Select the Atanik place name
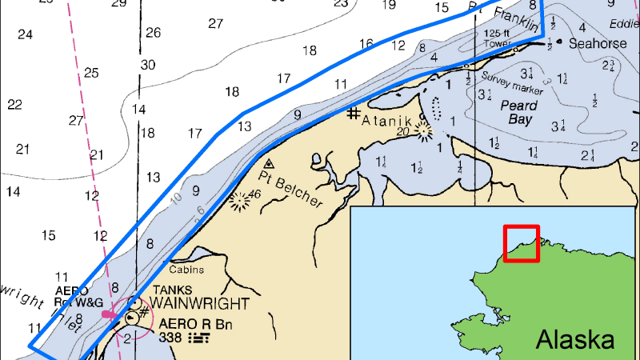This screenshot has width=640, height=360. [x=390, y=120]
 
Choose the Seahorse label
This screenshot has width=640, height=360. [x=598, y=44]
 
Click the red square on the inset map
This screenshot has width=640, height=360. [x=521, y=243]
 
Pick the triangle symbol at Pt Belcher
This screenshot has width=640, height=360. [x=269, y=163]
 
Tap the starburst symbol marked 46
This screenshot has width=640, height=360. [x=238, y=201]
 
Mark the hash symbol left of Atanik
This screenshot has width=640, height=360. [x=353, y=114]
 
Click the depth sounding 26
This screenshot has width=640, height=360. [x=153, y=33]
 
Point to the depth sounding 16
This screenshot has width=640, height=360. [x=366, y=44]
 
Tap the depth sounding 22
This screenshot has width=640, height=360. [x=14, y=105]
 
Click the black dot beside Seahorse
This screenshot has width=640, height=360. [x=560, y=42]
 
